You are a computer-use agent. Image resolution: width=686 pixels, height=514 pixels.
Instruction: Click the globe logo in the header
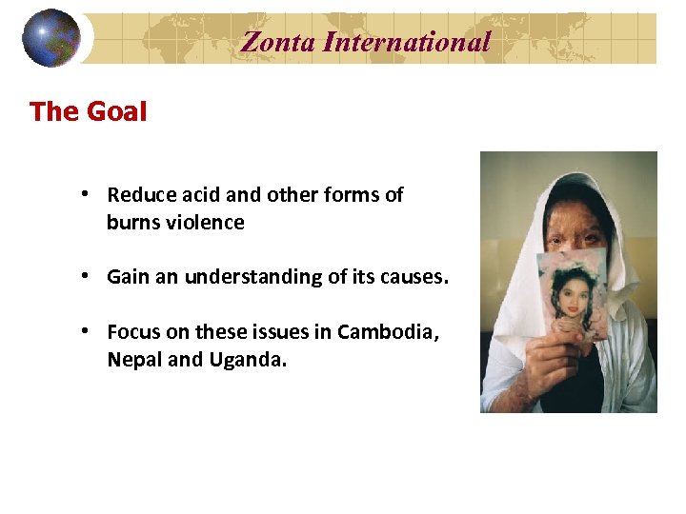52,38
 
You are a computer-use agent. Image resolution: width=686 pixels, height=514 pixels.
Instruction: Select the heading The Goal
89,111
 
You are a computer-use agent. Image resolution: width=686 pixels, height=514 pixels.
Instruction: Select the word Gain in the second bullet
128,277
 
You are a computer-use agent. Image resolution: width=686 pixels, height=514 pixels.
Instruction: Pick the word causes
415,277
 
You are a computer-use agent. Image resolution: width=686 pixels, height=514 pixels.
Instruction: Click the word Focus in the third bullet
133,332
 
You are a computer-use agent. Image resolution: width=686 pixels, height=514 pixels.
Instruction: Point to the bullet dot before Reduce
86,194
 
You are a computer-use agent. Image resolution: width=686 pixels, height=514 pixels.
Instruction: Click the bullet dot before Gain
86,276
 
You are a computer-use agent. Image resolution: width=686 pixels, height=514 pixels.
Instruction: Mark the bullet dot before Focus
86,331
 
